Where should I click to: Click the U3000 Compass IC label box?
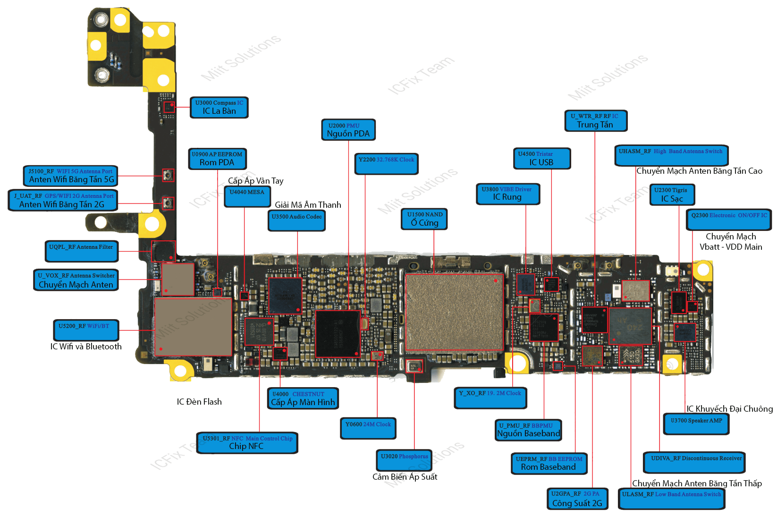(x=219, y=107)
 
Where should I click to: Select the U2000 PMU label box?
(x=348, y=130)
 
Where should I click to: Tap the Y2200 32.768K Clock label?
(x=386, y=163)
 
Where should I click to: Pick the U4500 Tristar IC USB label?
(x=541, y=158)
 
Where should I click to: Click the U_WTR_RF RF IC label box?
(x=595, y=121)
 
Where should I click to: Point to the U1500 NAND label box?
(x=424, y=219)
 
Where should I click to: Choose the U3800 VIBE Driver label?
(x=507, y=194)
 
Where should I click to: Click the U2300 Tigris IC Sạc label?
(x=672, y=195)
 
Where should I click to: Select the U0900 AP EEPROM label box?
(x=217, y=159)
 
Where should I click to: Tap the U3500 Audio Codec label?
(x=296, y=220)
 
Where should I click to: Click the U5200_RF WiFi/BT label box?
(x=85, y=330)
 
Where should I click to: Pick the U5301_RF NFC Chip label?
(x=247, y=443)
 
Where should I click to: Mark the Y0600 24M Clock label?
(x=368, y=428)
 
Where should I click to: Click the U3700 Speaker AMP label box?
(x=696, y=424)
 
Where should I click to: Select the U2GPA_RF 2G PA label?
(x=577, y=499)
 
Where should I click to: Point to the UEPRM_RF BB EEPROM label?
(x=549, y=463)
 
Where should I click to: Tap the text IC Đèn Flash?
(x=199, y=402)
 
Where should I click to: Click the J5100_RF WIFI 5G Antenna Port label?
(x=70, y=176)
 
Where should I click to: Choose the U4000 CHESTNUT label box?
(x=303, y=398)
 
